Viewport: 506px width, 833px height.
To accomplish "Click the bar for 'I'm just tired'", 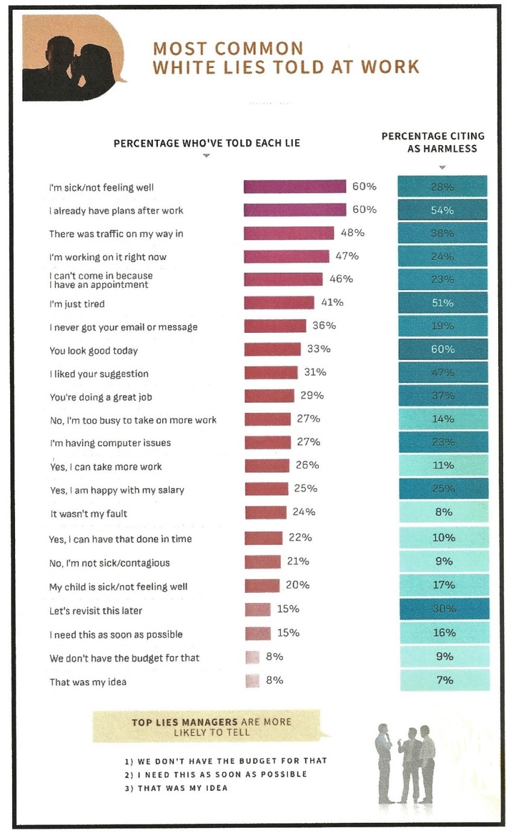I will [279, 303].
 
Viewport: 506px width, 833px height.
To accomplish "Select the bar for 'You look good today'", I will [272, 350].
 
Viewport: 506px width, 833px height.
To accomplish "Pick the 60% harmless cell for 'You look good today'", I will [443, 350].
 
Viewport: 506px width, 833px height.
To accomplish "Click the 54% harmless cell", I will [443, 210].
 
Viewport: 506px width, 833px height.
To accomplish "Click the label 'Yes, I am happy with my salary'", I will [116, 490].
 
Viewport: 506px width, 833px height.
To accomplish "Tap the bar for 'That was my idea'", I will [252, 681].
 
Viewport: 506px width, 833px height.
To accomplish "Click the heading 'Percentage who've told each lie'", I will [207, 143].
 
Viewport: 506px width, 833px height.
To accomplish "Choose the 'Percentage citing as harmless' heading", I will [442, 143].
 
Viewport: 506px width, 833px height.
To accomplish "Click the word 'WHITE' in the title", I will [186, 67].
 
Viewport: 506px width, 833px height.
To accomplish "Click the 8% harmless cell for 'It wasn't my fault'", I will [443, 513].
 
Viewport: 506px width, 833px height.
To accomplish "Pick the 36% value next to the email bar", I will [324, 326].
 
